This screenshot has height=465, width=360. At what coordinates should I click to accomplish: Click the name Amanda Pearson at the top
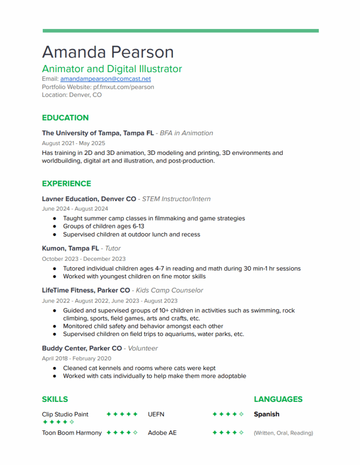coord(108,52)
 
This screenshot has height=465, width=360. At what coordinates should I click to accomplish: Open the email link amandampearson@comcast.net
coord(105,79)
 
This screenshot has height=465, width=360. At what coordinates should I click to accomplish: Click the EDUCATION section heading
coord(65,118)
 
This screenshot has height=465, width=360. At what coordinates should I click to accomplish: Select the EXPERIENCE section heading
coord(66,184)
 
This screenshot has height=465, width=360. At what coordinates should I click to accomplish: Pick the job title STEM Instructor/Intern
coord(176,199)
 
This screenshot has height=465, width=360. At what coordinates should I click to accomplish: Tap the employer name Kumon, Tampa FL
coord(70,248)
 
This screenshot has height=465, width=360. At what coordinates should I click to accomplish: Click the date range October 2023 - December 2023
coord(84,259)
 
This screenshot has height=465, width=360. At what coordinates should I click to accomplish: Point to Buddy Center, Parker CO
coord(82,348)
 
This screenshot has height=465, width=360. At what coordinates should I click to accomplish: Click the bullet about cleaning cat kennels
coord(139,368)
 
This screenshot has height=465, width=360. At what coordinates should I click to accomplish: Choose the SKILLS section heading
coord(54,400)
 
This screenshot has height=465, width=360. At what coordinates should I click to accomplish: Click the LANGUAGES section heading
coord(278,400)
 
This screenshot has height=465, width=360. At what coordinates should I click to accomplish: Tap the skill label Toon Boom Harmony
coord(72,433)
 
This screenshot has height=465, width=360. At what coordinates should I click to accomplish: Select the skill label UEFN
coord(156,414)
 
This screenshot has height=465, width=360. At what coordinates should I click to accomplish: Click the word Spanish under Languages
coord(266,414)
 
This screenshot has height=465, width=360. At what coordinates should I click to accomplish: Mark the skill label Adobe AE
coord(162,433)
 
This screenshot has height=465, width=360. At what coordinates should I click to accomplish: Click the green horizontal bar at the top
coord(180,31)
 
